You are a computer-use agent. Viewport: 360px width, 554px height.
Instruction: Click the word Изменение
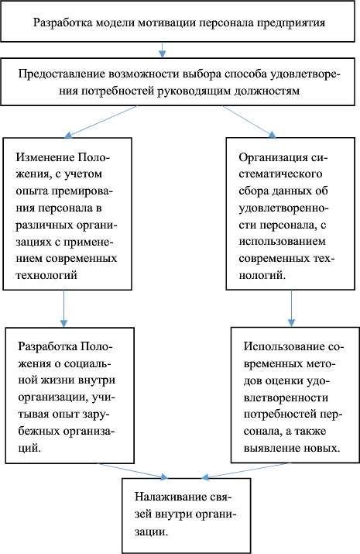tap(44, 157)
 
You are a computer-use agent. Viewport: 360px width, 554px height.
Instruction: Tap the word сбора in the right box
tap(254, 191)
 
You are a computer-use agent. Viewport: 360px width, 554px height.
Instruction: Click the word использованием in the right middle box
tap(282, 242)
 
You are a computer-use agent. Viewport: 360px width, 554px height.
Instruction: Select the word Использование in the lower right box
tap(285, 346)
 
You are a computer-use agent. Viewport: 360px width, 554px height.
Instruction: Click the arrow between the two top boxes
tap(162, 50)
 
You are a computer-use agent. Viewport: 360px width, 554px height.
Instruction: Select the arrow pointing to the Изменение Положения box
tap(101, 122)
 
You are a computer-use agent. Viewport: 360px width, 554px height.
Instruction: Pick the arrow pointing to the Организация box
tap(249, 122)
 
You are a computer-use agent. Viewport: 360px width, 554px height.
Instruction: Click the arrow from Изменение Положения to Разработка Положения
tap(63, 308)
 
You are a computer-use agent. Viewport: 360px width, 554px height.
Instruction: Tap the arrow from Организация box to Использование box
tap(291, 308)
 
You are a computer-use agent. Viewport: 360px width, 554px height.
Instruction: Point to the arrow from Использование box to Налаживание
tap(246, 471)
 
